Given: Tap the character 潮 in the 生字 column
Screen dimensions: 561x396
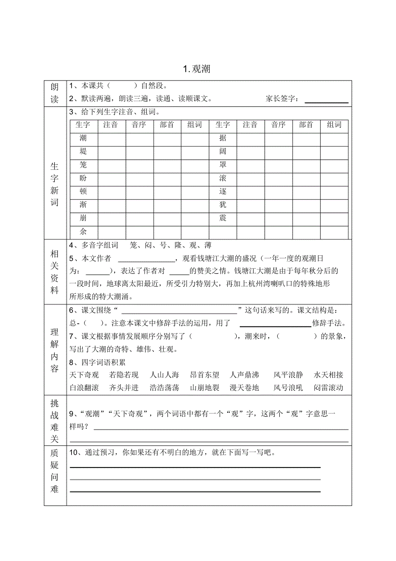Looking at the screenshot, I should (83, 138).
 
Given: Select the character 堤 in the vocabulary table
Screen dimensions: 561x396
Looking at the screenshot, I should (83, 152).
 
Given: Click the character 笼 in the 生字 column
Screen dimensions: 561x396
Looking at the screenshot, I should (83, 165).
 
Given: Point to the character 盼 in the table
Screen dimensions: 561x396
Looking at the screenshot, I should (83, 178).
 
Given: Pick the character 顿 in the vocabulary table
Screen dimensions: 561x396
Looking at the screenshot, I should (83, 192).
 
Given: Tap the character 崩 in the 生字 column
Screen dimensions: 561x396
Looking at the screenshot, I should (83, 218).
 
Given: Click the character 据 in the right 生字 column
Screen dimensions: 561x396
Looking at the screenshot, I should (223, 138).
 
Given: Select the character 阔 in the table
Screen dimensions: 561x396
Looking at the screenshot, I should (223, 152).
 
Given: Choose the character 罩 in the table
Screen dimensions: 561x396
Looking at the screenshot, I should (223, 165).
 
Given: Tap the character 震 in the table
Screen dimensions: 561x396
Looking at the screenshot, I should (223, 218).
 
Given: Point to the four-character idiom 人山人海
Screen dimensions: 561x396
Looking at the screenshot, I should (164, 375).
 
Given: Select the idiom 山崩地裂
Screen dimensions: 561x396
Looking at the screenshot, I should (205, 388).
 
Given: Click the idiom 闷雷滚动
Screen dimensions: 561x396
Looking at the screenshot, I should (329, 388).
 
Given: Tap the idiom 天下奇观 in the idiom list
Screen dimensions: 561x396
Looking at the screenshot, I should (84, 375).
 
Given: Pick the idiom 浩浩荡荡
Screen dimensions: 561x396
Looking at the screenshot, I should (164, 388).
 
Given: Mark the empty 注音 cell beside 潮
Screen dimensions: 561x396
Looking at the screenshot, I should (111, 138).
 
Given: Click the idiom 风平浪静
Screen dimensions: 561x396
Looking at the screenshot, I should (288, 375).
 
